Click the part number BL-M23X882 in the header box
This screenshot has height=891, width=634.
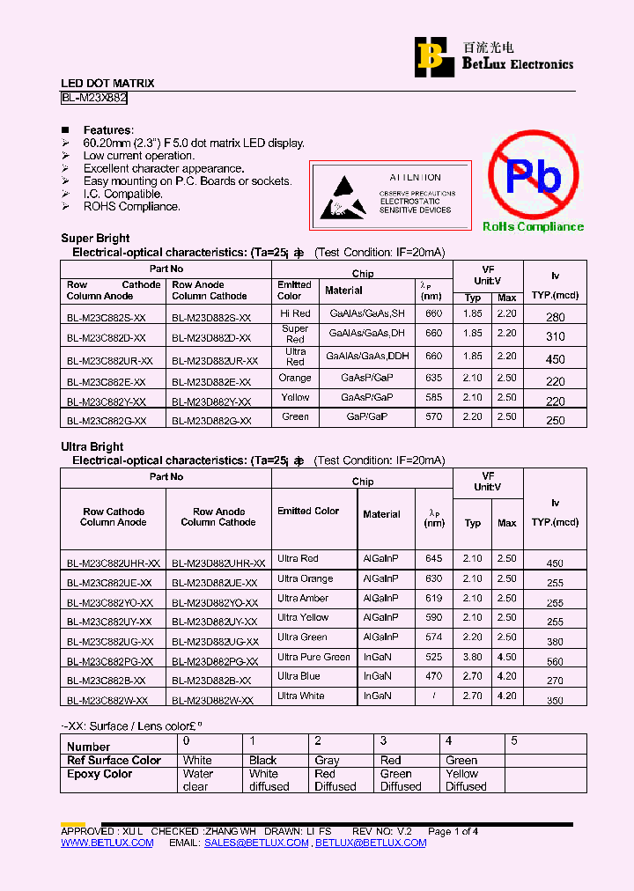tap(94, 99)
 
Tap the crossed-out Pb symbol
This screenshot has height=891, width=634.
tap(533, 176)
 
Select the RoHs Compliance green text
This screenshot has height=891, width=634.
tap(533, 227)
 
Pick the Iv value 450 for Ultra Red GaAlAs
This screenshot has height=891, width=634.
tap(555, 359)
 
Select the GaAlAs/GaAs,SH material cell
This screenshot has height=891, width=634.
tap(366, 313)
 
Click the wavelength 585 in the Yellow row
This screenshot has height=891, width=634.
tap(433, 398)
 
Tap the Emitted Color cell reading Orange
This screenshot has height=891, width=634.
tap(295, 379)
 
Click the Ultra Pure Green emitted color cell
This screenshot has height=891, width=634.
tap(313, 657)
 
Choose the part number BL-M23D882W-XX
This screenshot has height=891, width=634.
tap(212, 701)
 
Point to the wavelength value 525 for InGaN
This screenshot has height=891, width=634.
tap(433, 657)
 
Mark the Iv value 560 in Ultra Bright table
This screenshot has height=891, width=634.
tap(555, 662)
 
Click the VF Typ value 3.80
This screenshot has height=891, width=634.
tap(473, 657)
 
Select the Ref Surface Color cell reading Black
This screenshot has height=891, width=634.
tap(262, 761)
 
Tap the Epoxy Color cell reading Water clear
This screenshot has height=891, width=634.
tap(198, 780)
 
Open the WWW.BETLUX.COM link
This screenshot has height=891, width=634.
tap(107, 843)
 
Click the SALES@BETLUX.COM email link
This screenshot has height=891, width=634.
tap(256, 843)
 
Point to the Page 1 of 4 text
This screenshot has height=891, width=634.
tap(453, 831)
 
